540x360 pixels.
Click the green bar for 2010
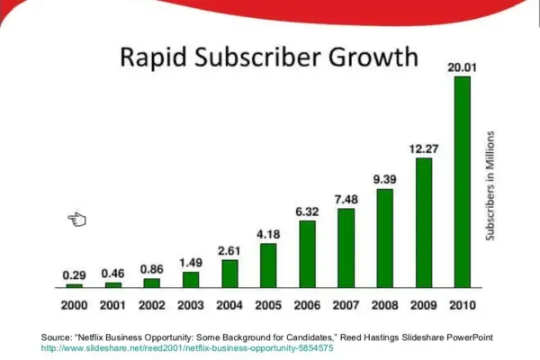tap(462, 181)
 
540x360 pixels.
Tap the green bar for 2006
tap(307, 253)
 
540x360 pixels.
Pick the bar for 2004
tap(229, 273)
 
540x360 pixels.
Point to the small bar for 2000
tap(74, 283)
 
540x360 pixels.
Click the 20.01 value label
tap(463, 67)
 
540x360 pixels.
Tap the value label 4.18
tap(268, 234)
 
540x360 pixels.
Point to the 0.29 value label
tap(74, 273)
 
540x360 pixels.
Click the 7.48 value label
tap(346, 199)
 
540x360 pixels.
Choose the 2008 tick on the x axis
tap(385, 304)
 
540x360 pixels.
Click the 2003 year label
tap(191, 304)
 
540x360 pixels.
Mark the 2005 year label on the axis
tap(268, 304)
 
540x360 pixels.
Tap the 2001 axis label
tap(112, 304)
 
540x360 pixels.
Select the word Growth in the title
tap(373, 58)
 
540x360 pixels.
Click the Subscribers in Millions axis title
tap(490, 185)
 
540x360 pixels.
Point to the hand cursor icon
tap(76, 219)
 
